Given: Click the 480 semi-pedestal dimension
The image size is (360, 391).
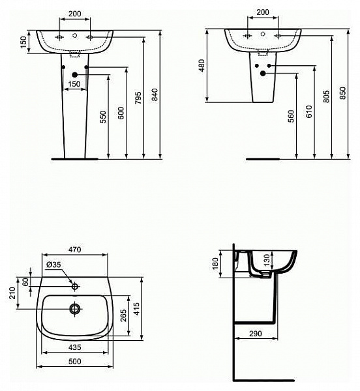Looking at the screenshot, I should click(x=203, y=66).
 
